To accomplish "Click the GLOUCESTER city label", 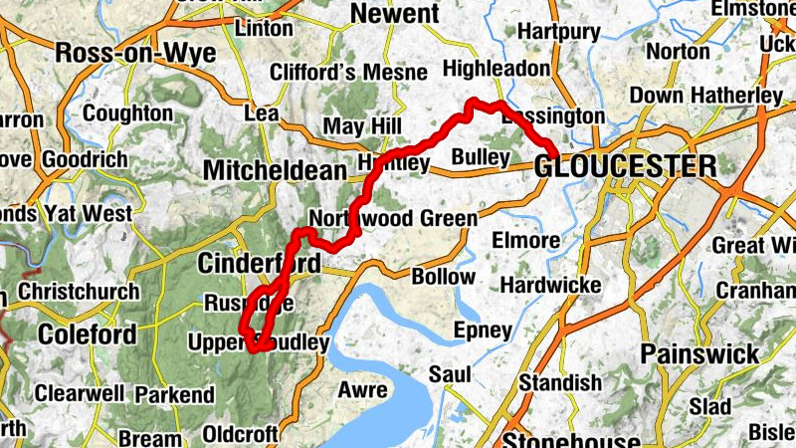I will pyautogui.click(x=625, y=166).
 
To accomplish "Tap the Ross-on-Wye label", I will pyautogui.click(x=136, y=54).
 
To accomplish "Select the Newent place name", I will pyautogui.click(x=395, y=13).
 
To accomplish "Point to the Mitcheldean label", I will pyautogui.click(x=275, y=170).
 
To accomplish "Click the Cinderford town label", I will pyautogui.click(x=259, y=264).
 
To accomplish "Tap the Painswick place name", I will pyautogui.click(x=699, y=353).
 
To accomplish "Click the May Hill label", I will pyautogui.click(x=362, y=127).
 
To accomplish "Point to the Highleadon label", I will pyautogui.click(x=496, y=69).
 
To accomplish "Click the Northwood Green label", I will pyautogui.click(x=392, y=219).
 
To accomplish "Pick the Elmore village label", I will pyautogui.click(x=526, y=241).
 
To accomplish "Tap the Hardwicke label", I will pyautogui.click(x=550, y=286).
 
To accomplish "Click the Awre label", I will pyautogui.click(x=362, y=389).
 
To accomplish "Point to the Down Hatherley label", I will pyautogui.click(x=706, y=96).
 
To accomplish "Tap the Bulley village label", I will pyautogui.click(x=481, y=157).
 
